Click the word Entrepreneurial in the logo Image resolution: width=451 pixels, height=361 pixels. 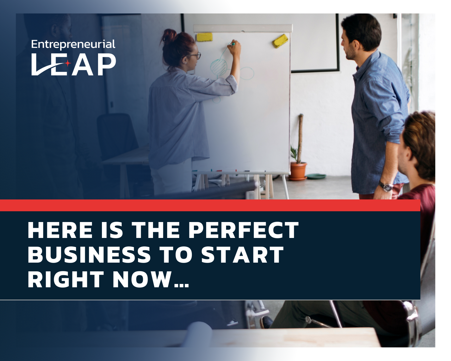pyautogui.click(x=73, y=45)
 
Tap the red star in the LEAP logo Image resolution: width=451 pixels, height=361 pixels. pyautogui.click(x=67, y=63)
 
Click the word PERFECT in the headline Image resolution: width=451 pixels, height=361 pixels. pyautogui.click(x=244, y=230)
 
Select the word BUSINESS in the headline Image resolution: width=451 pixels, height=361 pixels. pyautogui.click(x=89, y=255)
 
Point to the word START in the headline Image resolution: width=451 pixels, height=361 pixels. pyautogui.click(x=242, y=255)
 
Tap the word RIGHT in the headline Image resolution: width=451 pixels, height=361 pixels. pyautogui.click(x=66, y=279)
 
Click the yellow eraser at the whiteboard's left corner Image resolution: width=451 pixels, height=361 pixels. pyautogui.click(x=204, y=37)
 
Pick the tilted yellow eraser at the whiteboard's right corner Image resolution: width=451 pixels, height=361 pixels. pyautogui.click(x=280, y=41)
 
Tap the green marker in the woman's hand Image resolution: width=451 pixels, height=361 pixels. pyautogui.click(x=233, y=44)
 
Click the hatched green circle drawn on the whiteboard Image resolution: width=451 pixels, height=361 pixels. pyautogui.click(x=219, y=67)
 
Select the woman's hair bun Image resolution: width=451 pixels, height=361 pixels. pyautogui.click(x=169, y=36)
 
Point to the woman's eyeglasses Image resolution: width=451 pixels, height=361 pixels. pyautogui.click(x=195, y=56)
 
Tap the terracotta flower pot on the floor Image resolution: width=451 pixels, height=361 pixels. pyautogui.click(x=298, y=171)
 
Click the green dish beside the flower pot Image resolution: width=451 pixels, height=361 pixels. pyautogui.click(x=316, y=176)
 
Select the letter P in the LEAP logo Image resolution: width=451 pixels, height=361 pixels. pyautogui.click(x=106, y=64)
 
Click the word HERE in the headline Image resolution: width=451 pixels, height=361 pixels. pyautogui.click(x=60, y=230)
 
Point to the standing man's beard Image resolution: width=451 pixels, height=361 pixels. pyautogui.click(x=350, y=52)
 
